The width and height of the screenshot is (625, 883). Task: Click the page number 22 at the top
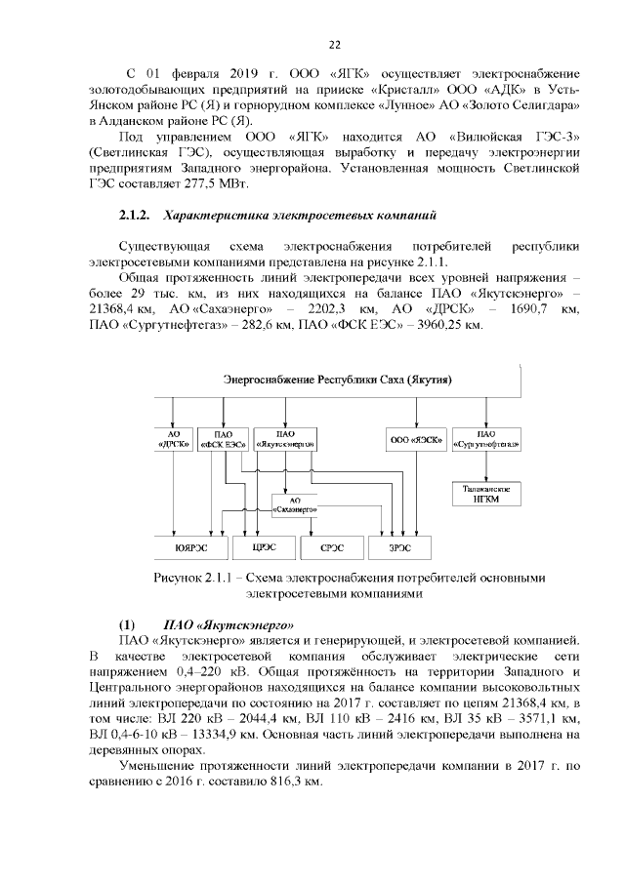click(x=333, y=45)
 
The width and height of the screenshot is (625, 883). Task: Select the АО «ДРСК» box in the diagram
click(x=174, y=439)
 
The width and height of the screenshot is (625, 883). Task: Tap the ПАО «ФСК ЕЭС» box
click(x=223, y=439)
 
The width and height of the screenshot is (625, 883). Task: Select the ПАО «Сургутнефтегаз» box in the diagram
click(x=485, y=439)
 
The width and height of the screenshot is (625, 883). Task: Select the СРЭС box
click(x=331, y=547)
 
